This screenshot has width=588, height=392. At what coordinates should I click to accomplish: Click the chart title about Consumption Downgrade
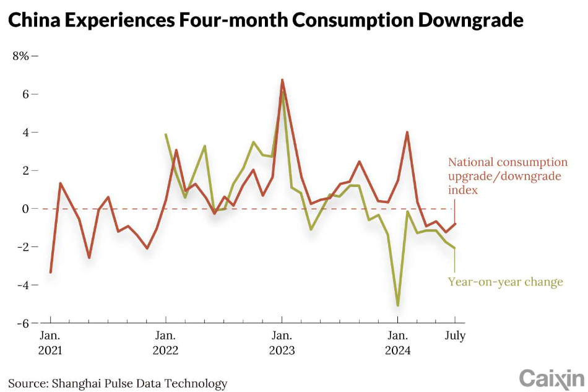(x=266, y=21)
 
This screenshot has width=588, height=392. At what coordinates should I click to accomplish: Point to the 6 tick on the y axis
(x=25, y=94)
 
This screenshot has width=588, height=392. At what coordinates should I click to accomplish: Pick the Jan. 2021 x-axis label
(x=50, y=343)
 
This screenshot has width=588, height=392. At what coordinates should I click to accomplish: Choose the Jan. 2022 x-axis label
(x=165, y=343)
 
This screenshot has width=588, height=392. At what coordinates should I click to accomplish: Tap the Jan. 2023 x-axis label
(x=282, y=343)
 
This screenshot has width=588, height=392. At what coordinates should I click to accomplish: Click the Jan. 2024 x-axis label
(x=397, y=343)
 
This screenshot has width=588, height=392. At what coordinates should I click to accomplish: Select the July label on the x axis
(x=455, y=336)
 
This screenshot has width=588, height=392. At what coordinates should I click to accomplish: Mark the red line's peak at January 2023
(x=282, y=80)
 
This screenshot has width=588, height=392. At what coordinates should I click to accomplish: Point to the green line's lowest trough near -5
(x=397, y=305)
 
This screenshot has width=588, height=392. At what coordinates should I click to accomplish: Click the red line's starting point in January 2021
(x=50, y=272)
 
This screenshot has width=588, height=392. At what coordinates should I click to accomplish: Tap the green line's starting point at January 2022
(x=165, y=134)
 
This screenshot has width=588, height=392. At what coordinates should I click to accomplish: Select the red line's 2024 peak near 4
(x=407, y=132)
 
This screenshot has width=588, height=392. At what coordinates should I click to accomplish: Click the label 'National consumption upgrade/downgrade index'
(x=507, y=176)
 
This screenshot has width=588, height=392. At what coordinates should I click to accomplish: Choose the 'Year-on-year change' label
(x=505, y=282)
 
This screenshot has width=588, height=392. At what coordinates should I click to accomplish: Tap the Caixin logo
(x=551, y=378)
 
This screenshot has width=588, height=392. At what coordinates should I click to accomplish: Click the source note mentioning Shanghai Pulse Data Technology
(x=118, y=383)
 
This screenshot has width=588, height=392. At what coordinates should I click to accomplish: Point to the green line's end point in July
(x=455, y=248)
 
